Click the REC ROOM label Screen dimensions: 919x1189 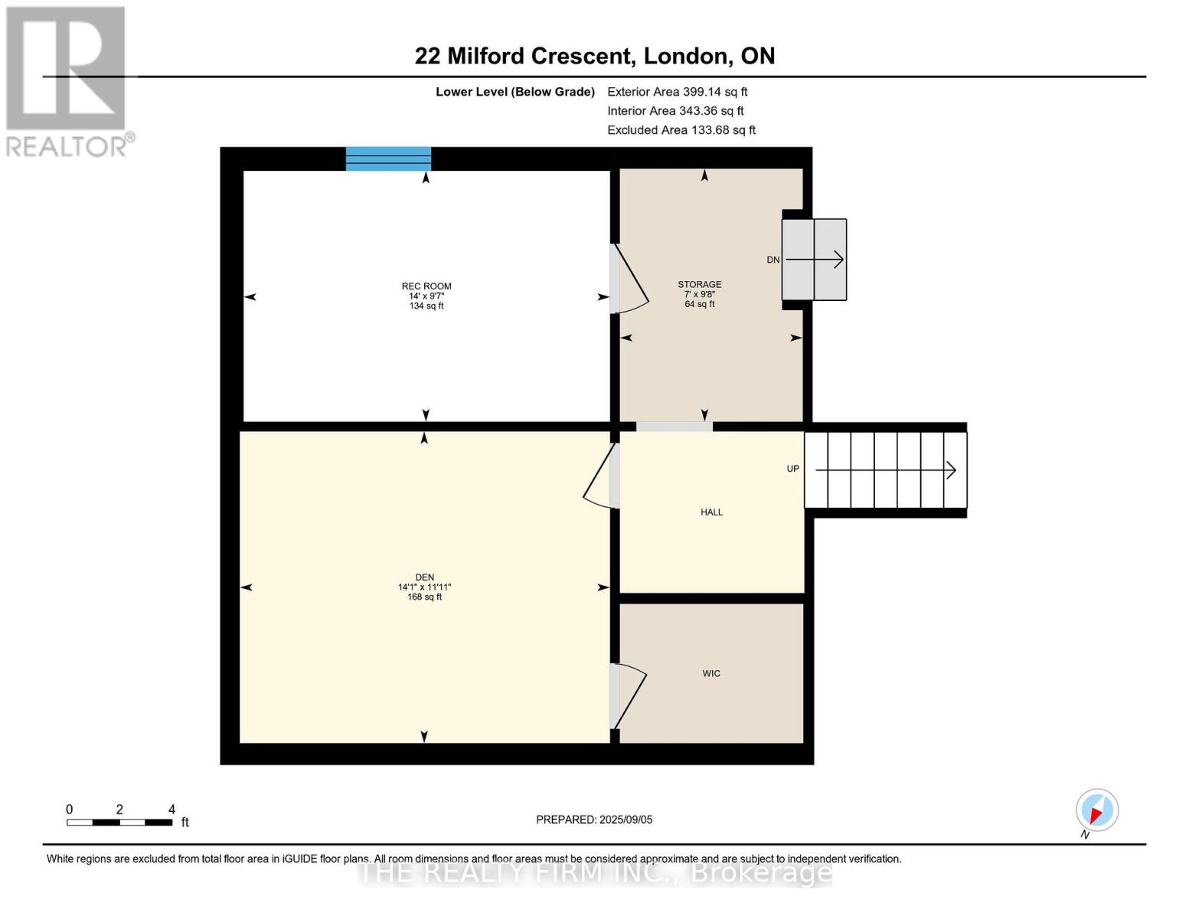coord(426,286)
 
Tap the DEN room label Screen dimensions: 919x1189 coord(424,577)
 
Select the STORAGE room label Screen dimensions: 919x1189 coord(699,284)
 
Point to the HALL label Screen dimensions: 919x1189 coord(711,512)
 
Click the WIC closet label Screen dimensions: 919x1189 coord(711,674)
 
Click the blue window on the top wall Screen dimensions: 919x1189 coord(388,159)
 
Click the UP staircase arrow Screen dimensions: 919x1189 coord(885,469)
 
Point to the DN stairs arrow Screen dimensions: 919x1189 coord(815,260)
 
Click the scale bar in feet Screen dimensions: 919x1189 coord(119,822)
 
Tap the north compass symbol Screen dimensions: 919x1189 coord(1096,811)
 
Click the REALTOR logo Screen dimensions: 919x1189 coord(67,80)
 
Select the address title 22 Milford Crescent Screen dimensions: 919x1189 coord(594,56)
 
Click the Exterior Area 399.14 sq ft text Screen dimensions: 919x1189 coord(677,91)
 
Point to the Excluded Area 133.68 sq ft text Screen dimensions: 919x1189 coord(681,130)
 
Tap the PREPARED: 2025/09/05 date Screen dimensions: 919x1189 coord(594,819)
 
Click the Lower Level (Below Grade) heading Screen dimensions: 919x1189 coord(514,92)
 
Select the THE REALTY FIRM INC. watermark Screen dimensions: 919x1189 coord(594,872)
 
